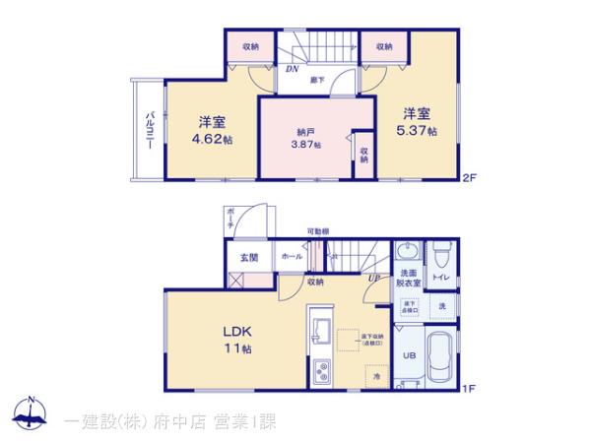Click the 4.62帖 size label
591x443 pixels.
click(213, 140)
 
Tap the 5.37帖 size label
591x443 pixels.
click(417, 130)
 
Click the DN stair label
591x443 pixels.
click(293, 69)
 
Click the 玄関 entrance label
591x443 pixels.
click(248, 258)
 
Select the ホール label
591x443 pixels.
click(292, 257)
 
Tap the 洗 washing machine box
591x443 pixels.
click(442, 306)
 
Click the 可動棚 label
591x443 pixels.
click(317, 231)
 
